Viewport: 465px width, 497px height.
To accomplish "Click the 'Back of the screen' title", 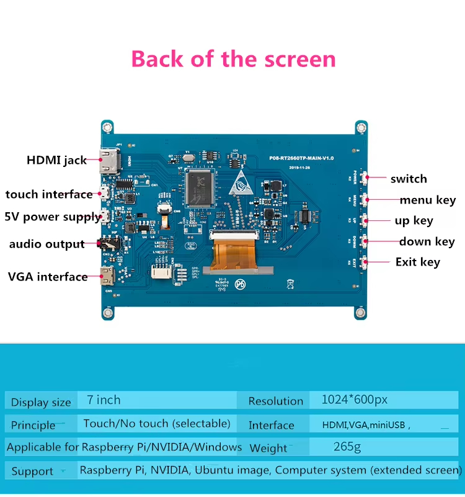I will (x=233, y=59).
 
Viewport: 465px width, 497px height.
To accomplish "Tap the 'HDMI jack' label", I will (x=56, y=160).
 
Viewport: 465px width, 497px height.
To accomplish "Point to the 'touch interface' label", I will (x=49, y=194).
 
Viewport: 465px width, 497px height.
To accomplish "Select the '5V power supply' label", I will (x=53, y=217).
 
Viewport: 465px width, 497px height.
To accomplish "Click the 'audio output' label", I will (x=46, y=244).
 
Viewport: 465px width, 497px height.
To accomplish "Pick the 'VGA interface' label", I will (x=48, y=277).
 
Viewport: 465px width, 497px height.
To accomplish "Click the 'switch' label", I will (x=409, y=179).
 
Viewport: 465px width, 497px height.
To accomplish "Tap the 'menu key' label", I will (x=427, y=200).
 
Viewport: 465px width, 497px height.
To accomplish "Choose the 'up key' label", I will (x=414, y=220).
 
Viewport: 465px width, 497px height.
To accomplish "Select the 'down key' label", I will (x=427, y=241).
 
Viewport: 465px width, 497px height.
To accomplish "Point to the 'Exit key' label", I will (x=417, y=262).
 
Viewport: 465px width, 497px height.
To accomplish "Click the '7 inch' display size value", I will (x=104, y=400).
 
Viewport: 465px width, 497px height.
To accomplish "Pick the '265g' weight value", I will (x=347, y=446).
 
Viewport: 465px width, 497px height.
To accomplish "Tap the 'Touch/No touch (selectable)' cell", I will (x=157, y=424).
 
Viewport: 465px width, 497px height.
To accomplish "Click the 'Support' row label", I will (x=32, y=471).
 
